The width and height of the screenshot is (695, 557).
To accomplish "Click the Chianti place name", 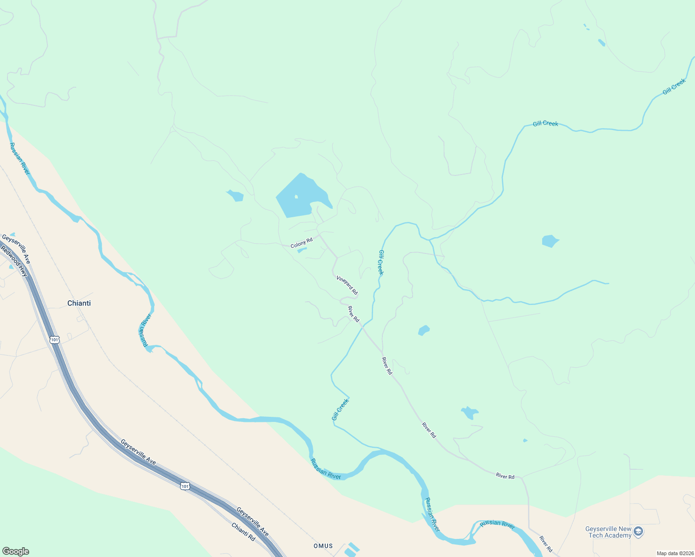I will point(79,303).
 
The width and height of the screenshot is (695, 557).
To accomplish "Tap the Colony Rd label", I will point(302,242).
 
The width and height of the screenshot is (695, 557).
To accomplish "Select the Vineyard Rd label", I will point(347,285).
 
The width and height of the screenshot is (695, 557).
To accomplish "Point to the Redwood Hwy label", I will point(14,260).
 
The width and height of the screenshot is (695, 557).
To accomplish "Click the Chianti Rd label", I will point(243,531).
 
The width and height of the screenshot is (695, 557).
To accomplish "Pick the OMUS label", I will point(323,546).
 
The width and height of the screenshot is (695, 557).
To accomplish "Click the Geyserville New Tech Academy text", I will point(608,532).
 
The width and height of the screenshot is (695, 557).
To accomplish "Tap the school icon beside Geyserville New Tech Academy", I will point(638,531).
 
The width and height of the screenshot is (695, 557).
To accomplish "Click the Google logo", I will point(15,551).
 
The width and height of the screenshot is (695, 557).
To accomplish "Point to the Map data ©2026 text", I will point(675,553).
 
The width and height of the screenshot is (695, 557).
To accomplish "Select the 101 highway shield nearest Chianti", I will point(55,339).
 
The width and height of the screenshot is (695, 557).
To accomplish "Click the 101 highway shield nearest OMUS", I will point(185,486).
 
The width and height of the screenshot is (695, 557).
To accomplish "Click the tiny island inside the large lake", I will point(296,197).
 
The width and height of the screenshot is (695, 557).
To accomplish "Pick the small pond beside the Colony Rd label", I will point(302,251).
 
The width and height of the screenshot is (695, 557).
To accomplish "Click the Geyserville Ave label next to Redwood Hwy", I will point(16,249).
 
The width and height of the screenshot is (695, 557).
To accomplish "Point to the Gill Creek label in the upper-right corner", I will point(674,87).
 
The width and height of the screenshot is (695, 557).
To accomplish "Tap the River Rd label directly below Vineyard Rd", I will point(354,314).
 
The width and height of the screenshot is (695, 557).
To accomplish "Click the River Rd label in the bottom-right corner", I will point(546,544).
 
